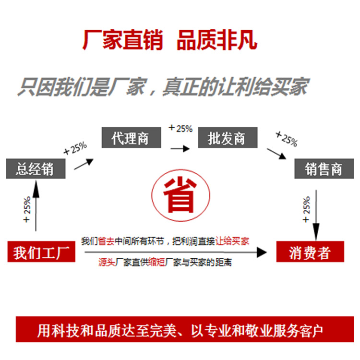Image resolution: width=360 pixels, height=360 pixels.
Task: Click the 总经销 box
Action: [x=35, y=169]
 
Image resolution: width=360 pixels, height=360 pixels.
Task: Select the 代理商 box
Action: [x=130, y=138]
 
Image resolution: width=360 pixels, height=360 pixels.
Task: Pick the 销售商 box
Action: [x=324, y=169]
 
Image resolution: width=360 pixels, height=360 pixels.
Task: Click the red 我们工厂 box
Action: [x=42, y=252]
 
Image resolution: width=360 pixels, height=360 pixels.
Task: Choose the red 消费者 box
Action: [x=310, y=252]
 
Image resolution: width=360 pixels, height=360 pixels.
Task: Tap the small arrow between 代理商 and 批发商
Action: [x=180, y=149]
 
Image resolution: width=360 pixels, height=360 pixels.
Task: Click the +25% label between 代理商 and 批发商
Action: [x=180, y=128]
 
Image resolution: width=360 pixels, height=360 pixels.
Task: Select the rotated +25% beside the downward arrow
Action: [x=306, y=210]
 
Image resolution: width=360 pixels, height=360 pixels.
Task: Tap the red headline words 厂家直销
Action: [x=123, y=40]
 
